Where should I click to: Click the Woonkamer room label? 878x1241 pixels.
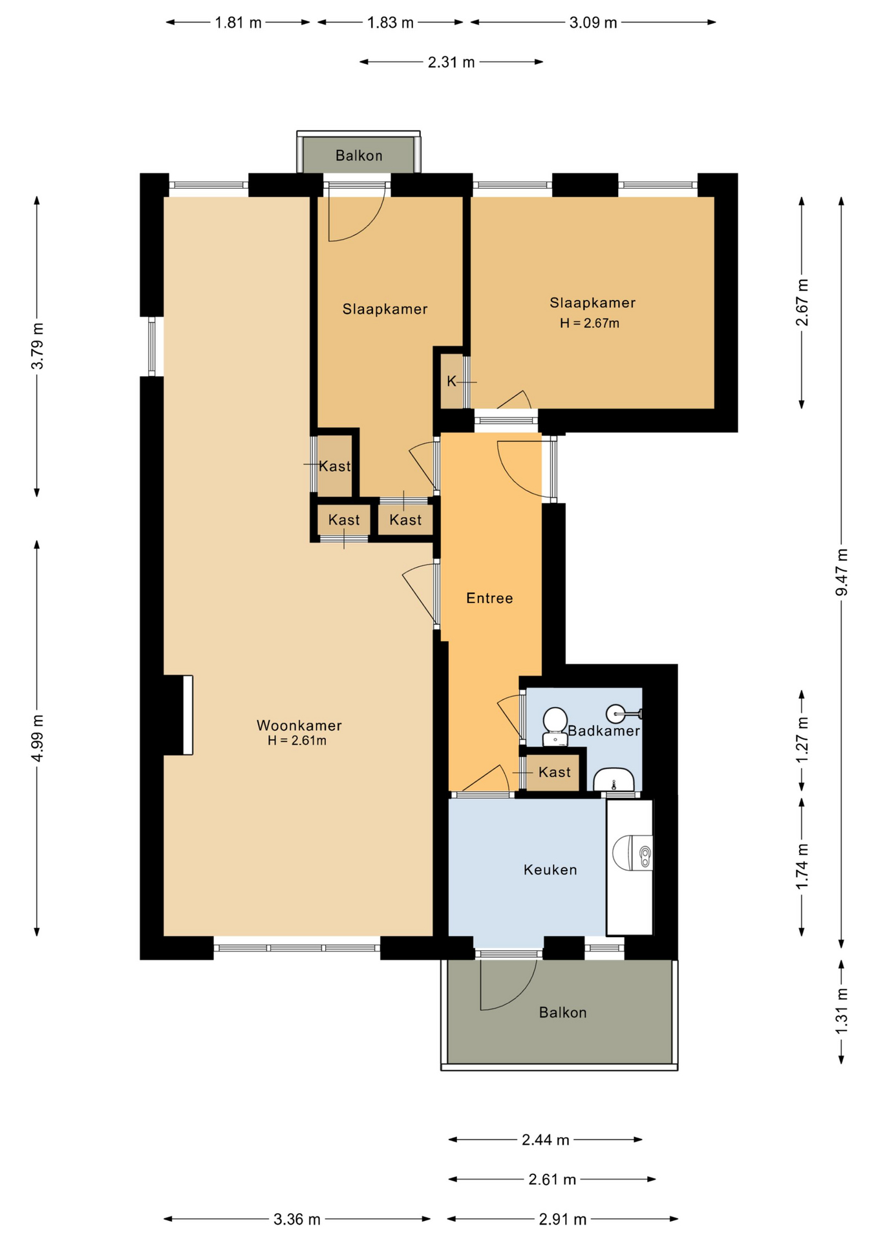click(299, 725)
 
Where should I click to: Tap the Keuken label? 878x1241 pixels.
click(550, 869)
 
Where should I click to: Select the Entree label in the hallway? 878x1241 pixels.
click(489, 598)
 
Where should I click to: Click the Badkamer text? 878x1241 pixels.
click(604, 730)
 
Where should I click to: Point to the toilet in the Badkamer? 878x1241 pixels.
click(554, 727)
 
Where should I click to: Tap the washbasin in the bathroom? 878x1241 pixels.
click(613, 780)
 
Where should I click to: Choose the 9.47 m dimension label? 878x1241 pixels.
click(841, 573)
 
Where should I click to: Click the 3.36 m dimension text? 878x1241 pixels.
click(297, 1219)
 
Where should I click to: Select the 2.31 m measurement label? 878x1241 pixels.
click(451, 62)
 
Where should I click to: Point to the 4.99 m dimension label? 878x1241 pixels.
click(37, 738)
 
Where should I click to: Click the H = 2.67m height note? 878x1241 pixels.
click(590, 323)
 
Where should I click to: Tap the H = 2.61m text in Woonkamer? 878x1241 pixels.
click(297, 741)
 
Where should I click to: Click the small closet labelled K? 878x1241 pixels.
click(452, 381)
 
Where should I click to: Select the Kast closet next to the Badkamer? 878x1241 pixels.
click(554, 772)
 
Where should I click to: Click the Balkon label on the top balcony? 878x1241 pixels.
click(359, 155)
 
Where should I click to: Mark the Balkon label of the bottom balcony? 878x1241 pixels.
click(563, 1012)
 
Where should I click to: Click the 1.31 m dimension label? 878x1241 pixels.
click(841, 1011)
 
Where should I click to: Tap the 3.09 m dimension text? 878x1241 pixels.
click(593, 23)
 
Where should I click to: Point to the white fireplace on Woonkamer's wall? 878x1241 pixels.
click(188, 715)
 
